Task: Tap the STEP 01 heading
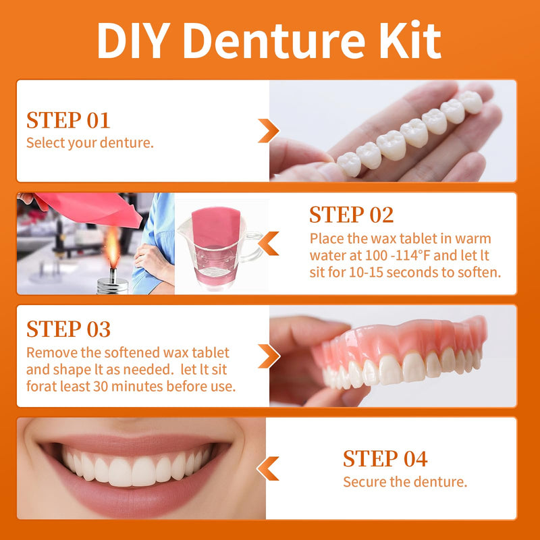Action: tap(67, 121)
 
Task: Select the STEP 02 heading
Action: tap(351, 215)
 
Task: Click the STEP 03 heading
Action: tap(68, 329)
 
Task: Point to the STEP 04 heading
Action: tap(385, 459)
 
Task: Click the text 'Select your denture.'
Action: tap(90, 143)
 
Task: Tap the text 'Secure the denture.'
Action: tap(405, 482)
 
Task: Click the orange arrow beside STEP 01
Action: tap(268, 130)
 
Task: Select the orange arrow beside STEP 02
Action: tap(268, 243)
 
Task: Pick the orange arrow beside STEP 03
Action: tap(268, 356)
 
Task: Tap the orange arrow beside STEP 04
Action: tap(268, 468)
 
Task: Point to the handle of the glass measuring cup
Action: tap(253, 244)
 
